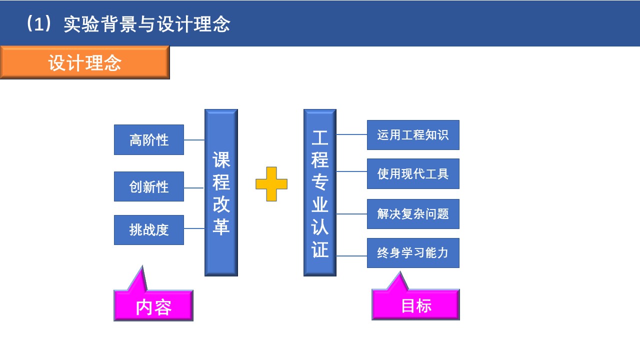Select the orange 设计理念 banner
point(85,62)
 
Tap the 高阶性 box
point(149,139)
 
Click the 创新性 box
point(149,186)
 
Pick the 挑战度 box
point(149,230)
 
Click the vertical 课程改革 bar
point(221,192)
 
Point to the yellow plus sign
point(271,184)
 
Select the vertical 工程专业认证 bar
point(320,192)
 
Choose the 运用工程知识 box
point(413,135)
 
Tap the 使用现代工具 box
point(413,173)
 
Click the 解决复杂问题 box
point(413,214)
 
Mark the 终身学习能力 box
point(413,253)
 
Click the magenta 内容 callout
point(153,306)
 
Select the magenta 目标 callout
point(415,305)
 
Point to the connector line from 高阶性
point(194,140)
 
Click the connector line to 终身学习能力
point(351,256)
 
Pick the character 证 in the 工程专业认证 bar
point(320,249)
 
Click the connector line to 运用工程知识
point(351,134)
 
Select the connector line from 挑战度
point(194,228)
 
